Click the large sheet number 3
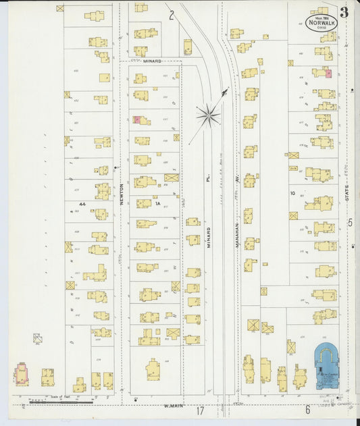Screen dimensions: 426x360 tap(345, 11)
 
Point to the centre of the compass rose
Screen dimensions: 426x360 tap(209, 115)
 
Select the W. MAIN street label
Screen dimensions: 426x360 tap(174, 406)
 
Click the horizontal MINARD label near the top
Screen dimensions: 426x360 tap(152, 61)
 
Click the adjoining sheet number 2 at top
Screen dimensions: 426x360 tap(172, 14)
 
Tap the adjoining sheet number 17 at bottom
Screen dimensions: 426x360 tap(199, 410)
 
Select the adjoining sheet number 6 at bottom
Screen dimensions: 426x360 tap(307, 409)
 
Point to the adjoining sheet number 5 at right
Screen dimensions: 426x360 tap(350, 222)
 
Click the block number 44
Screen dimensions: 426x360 tap(82, 203)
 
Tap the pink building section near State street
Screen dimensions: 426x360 tap(329, 73)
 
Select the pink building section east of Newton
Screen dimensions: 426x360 tap(137, 119)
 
